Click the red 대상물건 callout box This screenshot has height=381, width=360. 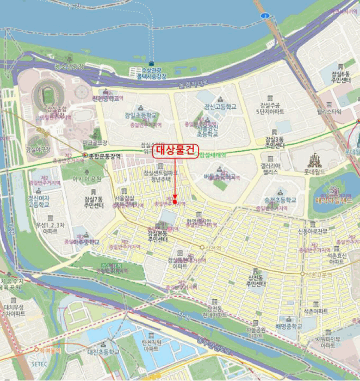pos(175,151)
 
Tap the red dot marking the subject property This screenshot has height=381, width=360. pos(175,202)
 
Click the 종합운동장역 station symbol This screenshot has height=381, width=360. pos(84,156)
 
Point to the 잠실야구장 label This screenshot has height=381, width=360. pos(38,149)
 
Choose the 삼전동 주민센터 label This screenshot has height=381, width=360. pos(257,281)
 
